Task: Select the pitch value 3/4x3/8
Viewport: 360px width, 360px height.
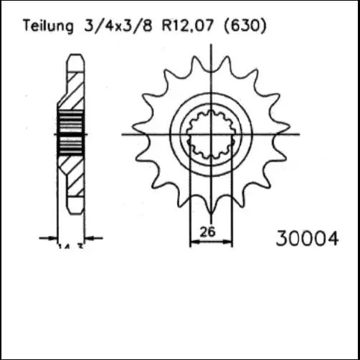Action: [x=105, y=27]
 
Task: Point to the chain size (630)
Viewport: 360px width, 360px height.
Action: [x=245, y=27]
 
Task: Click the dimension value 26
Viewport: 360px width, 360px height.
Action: [x=210, y=232]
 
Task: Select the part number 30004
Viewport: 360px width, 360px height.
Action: [x=307, y=238]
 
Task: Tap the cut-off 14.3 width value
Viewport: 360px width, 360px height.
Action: [x=70, y=246]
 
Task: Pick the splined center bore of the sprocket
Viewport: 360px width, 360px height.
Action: [x=211, y=134]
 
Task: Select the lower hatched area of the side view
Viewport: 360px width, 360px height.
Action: [x=73, y=176]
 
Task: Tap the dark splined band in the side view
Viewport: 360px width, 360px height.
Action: [x=70, y=134]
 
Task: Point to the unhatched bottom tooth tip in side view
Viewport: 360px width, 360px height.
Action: [x=75, y=204]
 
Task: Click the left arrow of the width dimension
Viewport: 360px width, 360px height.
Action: [x=53, y=237]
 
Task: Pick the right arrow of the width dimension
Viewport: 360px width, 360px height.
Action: [x=89, y=237]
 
